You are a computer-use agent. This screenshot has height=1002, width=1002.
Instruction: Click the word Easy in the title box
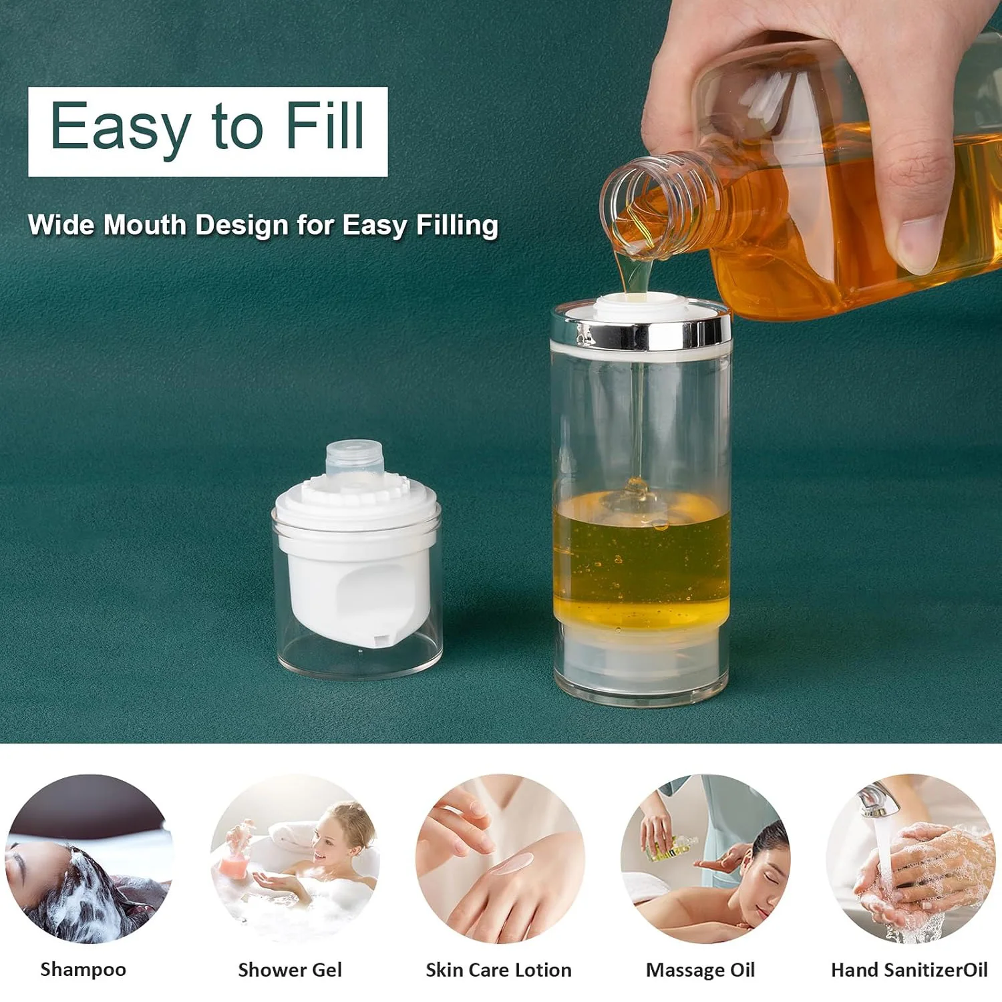point(120,127)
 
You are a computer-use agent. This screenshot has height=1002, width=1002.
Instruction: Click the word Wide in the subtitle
point(61,225)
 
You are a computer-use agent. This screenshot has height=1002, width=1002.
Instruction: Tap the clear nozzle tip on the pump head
point(355,458)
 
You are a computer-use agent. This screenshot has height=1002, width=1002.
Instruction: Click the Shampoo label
point(83,969)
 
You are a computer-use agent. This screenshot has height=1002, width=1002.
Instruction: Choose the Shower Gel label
point(290,969)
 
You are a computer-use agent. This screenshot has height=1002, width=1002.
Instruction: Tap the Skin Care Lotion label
point(498,969)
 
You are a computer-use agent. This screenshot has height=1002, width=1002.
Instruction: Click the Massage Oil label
point(700,969)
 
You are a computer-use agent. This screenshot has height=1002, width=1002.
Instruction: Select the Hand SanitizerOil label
point(908,969)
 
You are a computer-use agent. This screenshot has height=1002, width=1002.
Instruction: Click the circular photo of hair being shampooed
point(88,859)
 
